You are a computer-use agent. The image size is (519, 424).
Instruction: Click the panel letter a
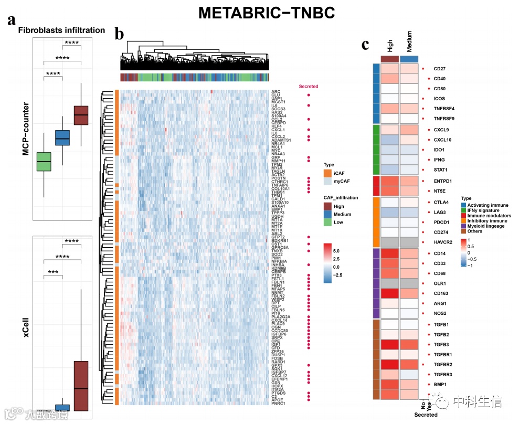click(11, 21)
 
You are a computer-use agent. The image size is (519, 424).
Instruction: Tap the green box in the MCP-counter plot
click(44, 162)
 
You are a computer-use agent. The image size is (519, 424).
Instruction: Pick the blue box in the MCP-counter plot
click(62, 137)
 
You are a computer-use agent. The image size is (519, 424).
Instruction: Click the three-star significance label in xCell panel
click(53, 273)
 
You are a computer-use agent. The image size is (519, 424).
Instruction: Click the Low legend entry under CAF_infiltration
click(337, 222)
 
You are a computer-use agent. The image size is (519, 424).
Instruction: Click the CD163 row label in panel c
click(441, 293)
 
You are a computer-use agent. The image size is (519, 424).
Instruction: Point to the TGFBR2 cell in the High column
click(389, 364)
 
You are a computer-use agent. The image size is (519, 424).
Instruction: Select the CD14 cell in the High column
click(389, 253)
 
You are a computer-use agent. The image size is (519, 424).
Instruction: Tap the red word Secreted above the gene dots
click(308, 87)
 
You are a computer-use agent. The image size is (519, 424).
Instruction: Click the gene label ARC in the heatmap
click(276, 92)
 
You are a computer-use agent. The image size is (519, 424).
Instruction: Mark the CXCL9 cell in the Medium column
click(409, 130)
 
